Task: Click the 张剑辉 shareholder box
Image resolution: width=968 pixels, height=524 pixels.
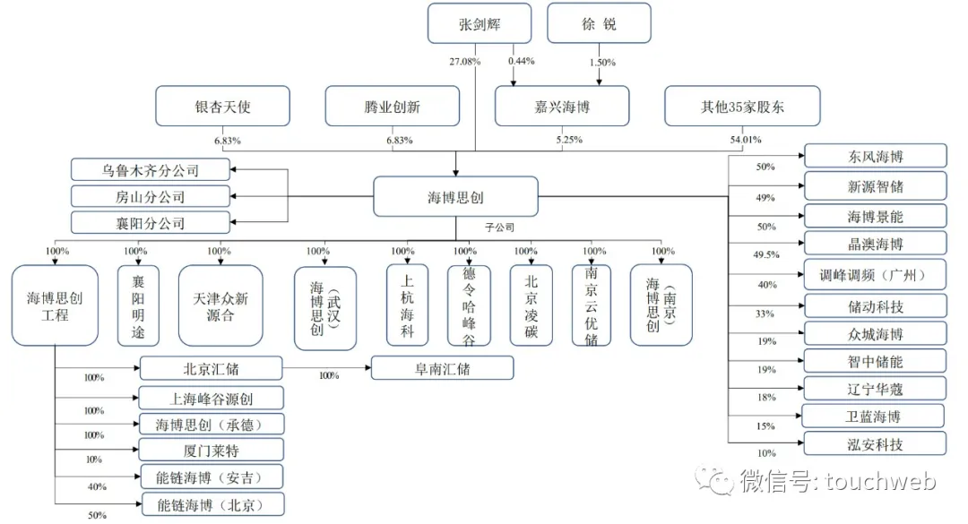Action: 480,23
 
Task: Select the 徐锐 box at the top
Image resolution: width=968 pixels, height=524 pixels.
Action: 599,23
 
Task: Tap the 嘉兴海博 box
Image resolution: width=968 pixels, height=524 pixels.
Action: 562,107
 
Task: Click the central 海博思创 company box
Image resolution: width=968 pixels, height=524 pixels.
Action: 455,197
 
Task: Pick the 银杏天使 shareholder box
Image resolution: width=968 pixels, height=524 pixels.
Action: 223,107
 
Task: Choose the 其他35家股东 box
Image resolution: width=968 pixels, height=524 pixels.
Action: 742,107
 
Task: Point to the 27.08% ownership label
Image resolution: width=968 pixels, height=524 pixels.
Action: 465,62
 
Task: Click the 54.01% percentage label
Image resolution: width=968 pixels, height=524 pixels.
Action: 746,140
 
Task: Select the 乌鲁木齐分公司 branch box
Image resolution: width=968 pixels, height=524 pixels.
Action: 150,169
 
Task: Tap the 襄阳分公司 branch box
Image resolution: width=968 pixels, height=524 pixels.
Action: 150,223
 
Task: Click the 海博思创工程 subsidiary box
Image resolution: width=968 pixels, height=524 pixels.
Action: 55,305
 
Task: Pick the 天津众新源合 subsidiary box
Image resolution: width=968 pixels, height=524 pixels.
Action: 220,305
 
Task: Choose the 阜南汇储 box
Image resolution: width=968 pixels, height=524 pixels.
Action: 442,368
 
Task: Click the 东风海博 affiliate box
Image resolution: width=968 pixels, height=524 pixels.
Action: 876,156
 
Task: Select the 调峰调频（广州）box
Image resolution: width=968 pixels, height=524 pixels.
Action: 876,275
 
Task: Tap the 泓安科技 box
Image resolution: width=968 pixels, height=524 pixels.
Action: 876,443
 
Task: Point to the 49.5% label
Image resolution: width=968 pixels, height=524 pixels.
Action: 766,254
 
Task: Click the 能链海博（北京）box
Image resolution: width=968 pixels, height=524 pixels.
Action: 213,504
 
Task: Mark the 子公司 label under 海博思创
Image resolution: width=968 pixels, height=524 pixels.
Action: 499,228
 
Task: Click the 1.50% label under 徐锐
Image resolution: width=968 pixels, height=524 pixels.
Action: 602,63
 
